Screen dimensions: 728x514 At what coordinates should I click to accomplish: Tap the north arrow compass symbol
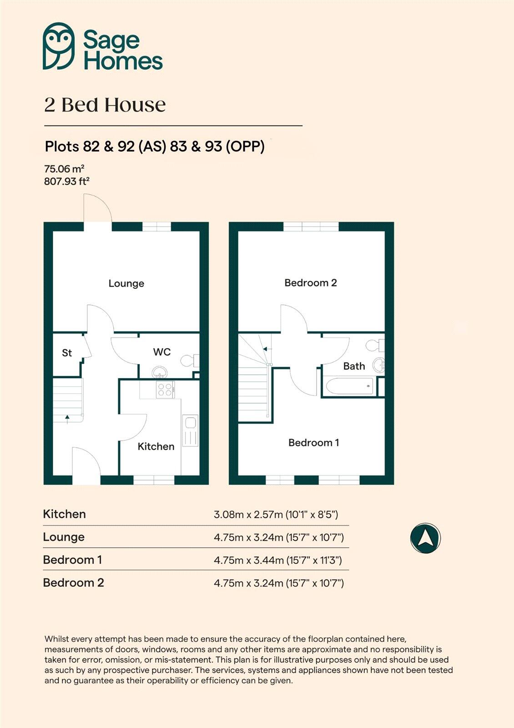[425, 538]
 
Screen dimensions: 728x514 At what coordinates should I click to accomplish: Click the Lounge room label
[126, 283]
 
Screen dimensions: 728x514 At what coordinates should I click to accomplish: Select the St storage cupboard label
[67, 353]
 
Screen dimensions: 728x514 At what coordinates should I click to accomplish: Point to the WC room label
[162, 352]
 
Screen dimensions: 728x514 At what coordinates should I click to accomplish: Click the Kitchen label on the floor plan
[156, 446]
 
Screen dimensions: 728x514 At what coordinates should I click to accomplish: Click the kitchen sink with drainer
[190, 430]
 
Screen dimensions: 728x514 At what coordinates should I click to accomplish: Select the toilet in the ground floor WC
[190, 361]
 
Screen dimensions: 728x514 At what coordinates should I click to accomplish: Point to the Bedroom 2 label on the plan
[311, 283]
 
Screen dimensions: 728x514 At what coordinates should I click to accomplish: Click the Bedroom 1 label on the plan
[313, 442]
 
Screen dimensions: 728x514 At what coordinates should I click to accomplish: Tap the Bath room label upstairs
[354, 366]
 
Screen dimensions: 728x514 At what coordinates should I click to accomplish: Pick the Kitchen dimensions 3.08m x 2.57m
[276, 515]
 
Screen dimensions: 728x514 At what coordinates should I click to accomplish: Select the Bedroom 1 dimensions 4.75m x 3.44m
[277, 560]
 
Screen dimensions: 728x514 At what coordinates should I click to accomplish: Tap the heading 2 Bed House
[105, 105]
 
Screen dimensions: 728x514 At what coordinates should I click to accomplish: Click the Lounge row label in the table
[64, 537]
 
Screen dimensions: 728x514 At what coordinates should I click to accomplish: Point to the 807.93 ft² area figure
[66, 181]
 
